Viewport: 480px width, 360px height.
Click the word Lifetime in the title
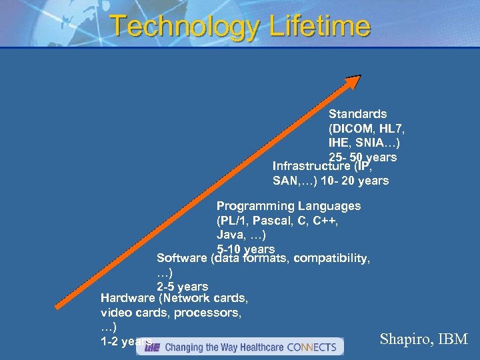[x=319, y=27]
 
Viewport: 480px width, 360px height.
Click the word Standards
[x=357, y=115]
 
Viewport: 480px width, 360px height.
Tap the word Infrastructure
[x=311, y=166]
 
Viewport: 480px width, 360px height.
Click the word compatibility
[x=332, y=258]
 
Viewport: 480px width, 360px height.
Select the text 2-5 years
[x=182, y=287]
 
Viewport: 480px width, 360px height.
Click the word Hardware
[x=129, y=298]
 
